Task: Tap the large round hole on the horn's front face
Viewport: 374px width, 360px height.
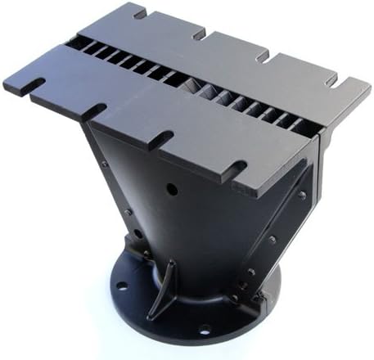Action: click(x=171, y=189)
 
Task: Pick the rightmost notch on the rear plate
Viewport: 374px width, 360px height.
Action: click(x=331, y=81)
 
